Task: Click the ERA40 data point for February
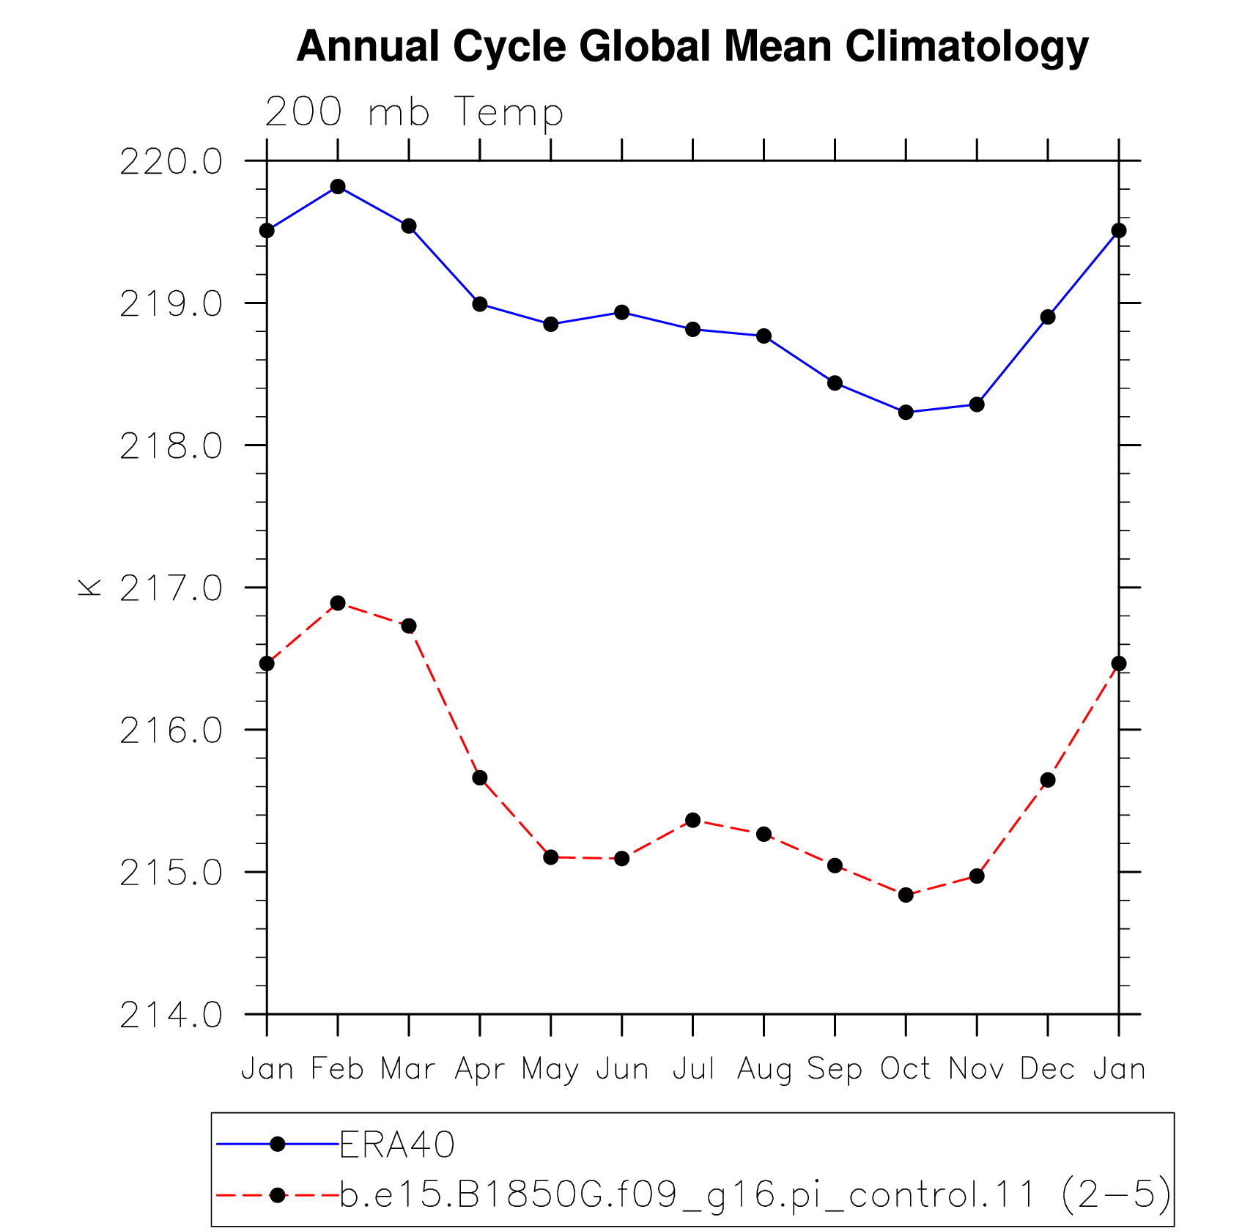(x=338, y=187)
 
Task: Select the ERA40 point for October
(x=906, y=413)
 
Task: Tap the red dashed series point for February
(x=338, y=603)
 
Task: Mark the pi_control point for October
(x=906, y=895)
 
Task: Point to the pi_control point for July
(x=693, y=820)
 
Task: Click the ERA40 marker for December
(x=1048, y=317)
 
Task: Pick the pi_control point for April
(x=480, y=777)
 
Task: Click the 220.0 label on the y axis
(x=171, y=162)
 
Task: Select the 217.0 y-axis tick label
(x=171, y=588)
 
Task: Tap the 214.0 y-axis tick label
(x=171, y=1016)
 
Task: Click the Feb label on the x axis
(x=337, y=1069)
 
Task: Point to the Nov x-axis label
(x=977, y=1069)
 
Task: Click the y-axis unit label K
(x=89, y=587)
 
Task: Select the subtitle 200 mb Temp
(x=414, y=113)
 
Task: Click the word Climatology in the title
(x=967, y=47)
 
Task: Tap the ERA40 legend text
(x=397, y=1144)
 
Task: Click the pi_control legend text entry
(x=755, y=1195)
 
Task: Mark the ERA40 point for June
(x=622, y=312)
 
